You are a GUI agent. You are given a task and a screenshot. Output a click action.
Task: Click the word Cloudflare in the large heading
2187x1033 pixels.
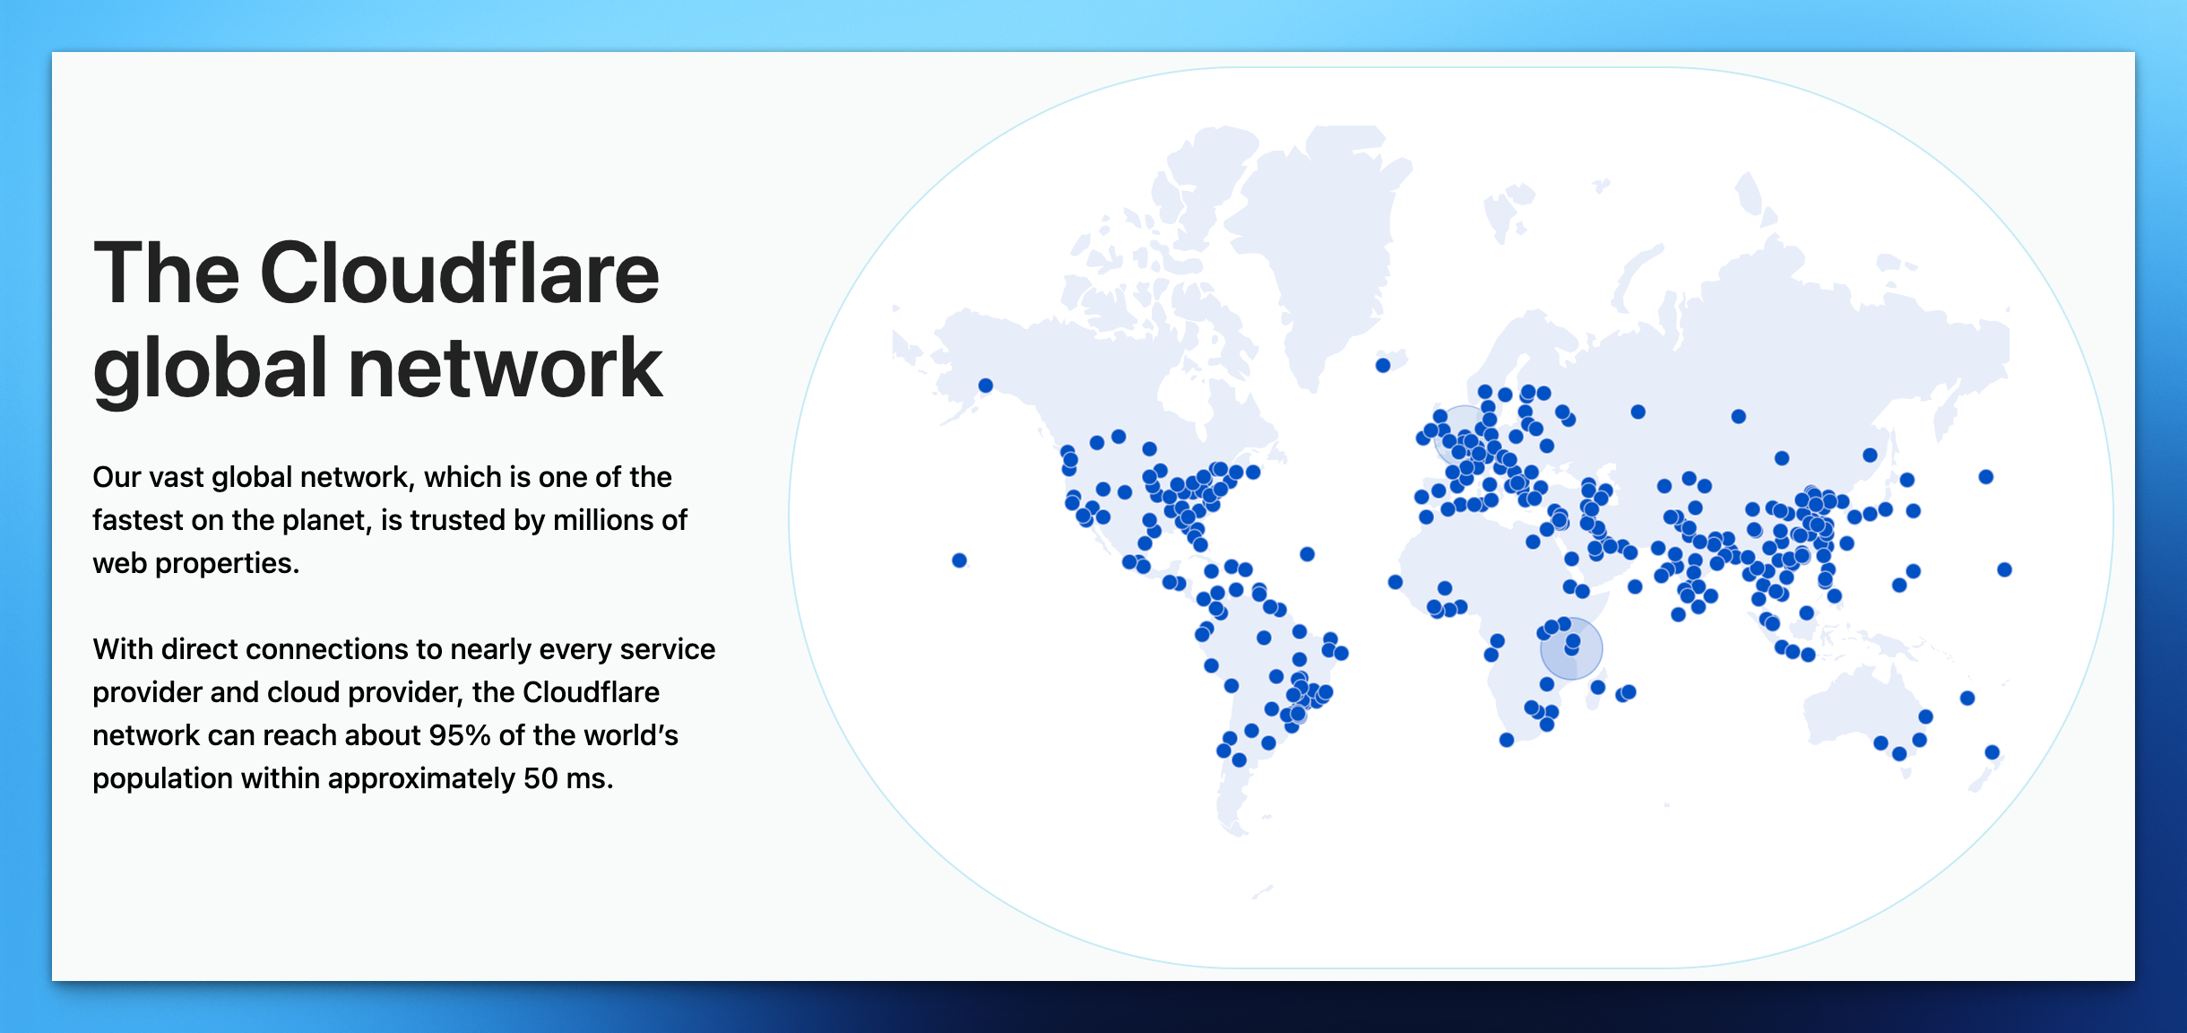point(460,273)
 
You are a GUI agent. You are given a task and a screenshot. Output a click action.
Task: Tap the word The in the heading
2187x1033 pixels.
point(167,273)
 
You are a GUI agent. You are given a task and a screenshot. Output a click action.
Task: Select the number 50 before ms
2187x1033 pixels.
point(540,778)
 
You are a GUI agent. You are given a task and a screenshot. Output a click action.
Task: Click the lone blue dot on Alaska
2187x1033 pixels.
point(986,386)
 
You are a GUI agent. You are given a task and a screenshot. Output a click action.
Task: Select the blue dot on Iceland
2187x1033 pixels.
point(1383,365)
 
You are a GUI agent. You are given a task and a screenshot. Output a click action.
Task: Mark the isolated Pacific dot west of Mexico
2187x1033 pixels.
point(959,560)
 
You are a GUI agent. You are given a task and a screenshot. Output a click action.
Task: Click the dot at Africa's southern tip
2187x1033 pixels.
point(1507,740)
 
